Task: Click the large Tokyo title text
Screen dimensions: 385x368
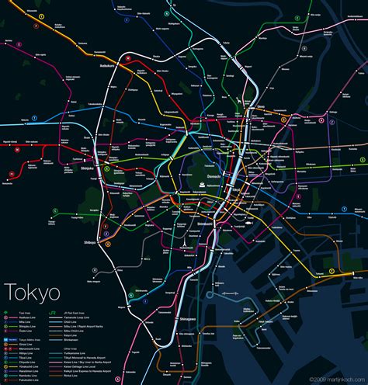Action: point(33,270)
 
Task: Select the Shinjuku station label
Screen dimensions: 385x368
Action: point(88,167)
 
